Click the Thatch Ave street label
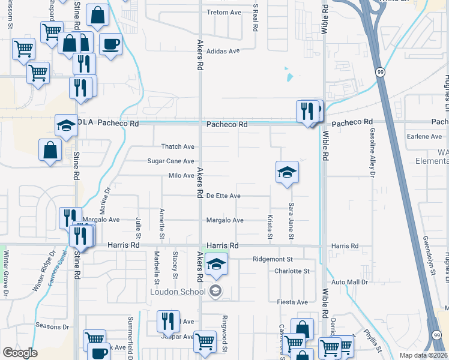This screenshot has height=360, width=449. coord(178,146)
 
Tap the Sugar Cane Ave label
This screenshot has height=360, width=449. coord(171,161)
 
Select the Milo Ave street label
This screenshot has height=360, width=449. coord(181,176)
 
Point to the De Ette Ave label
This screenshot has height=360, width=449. coord(223,196)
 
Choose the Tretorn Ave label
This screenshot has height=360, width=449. coord(223,12)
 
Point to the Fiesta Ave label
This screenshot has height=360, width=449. coord(292,302)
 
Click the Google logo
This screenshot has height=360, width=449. coord(20,353)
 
